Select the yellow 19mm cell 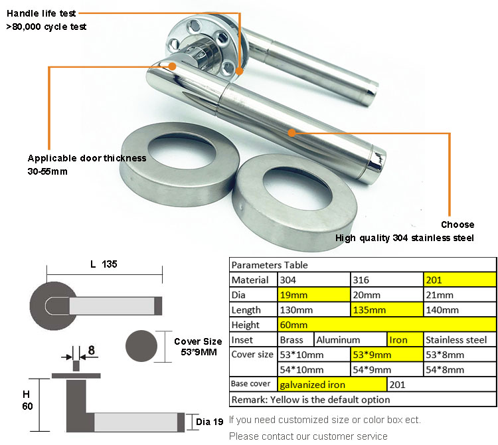pos(313,295)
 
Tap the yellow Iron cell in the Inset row pos(406,339)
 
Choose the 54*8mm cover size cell pos(460,369)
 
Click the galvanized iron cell pos(331,385)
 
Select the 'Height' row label pos(246,325)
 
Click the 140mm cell pos(460,310)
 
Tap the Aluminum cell pos(350,339)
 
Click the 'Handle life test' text pos(41,13)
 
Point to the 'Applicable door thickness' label pos(87,158)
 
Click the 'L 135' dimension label pos(104,264)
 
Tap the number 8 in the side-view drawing pos(91,349)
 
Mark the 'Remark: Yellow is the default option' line pos(311,399)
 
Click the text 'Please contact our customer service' pos(308,436)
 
